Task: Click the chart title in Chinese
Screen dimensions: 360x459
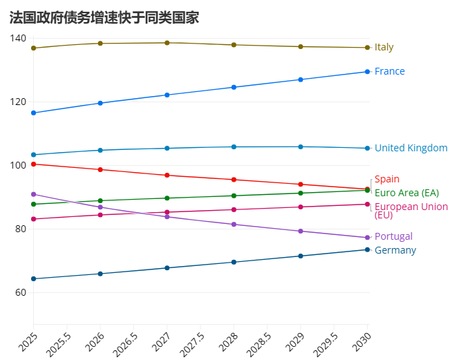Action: click(104, 18)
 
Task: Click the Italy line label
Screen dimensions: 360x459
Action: click(384, 48)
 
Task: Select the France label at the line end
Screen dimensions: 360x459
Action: click(389, 71)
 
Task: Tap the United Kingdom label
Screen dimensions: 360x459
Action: click(411, 148)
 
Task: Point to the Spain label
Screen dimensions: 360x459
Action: click(386, 179)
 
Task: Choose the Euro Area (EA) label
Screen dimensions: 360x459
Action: click(406, 192)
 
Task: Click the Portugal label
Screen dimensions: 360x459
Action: click(393, 236)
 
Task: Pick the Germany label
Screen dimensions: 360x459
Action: click(395, 250)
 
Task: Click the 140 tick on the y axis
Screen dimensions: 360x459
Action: click(19, 38)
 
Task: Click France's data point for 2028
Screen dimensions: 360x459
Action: click(234, 87)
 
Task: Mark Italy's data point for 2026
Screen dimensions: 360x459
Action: click(100, 44)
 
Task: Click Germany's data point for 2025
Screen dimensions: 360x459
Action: click(33, 279)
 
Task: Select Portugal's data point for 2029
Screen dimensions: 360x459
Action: click(301, 231)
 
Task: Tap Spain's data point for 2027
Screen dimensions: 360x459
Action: click(167, 176)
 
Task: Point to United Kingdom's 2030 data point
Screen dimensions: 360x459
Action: click(367, 148)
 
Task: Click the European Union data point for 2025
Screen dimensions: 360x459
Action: click(33, 219)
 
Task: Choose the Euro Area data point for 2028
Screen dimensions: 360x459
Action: click(234, 196)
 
